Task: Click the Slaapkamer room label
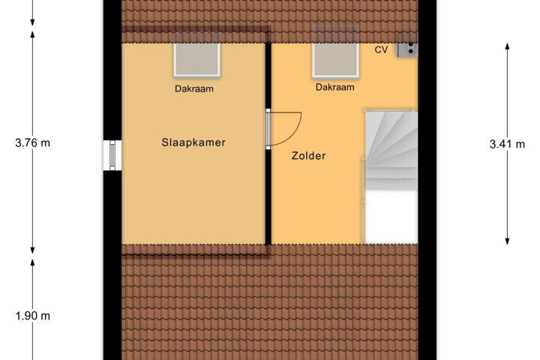tap(193, 142)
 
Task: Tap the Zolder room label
tap(308, 156)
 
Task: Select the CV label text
tap(381, 49)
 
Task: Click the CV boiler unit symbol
tap(407, 49)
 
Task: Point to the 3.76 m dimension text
tap(33, 142)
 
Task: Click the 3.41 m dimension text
tap(507, 144)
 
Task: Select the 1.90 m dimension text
tap(33, 316)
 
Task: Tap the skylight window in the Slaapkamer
tap(196, 59)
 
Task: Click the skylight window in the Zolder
tap(336, 59)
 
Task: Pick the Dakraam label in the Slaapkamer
tap(194, 88)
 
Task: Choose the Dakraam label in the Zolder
tap(335, 87)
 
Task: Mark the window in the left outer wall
tap(112, 155)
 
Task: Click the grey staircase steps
tap(391, 150)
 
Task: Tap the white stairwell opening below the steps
tap(391, 217)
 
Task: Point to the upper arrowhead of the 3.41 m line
tap(507, 46)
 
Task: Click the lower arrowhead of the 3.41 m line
tap(507, 241)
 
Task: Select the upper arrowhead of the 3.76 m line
tap(33, 34)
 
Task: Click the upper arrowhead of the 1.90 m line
tap(33, 262)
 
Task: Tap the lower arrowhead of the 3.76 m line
tap(33, 250)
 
